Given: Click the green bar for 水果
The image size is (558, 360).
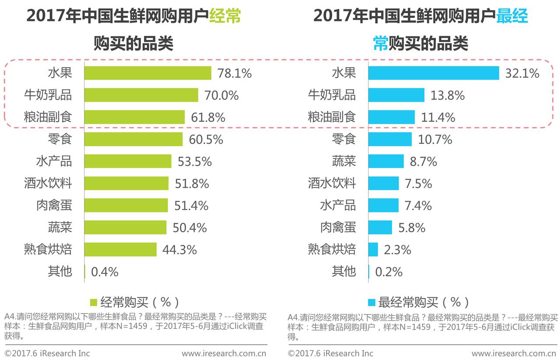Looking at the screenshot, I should (x=147, y=73).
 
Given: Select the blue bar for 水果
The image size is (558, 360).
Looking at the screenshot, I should (x=433, y=73).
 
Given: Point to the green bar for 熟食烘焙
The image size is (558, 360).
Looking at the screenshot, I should (x=120, y=250).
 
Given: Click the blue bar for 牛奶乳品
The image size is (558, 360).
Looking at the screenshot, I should (x=396, y=95).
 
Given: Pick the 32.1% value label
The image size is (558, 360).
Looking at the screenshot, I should (x=522, y=74).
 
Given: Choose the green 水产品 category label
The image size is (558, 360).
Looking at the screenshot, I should (x=54, y=162).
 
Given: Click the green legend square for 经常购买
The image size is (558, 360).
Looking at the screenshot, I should (x=93, y=303).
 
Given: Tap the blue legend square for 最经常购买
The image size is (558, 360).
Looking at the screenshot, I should (x=372, y=303).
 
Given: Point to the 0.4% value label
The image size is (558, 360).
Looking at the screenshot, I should (x=105, y=272).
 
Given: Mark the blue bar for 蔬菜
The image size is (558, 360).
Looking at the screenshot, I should (x=386, y=162).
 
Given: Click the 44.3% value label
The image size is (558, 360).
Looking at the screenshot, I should (x=179, y=250).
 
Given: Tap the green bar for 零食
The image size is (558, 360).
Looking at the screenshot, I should (x=133, y=139).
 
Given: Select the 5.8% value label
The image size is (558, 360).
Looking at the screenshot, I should (x=412, y=228).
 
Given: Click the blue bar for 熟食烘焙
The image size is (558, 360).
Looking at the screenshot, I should (x=373, y=250).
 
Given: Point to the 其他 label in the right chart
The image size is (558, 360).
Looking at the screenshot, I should (x=344, y=272).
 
